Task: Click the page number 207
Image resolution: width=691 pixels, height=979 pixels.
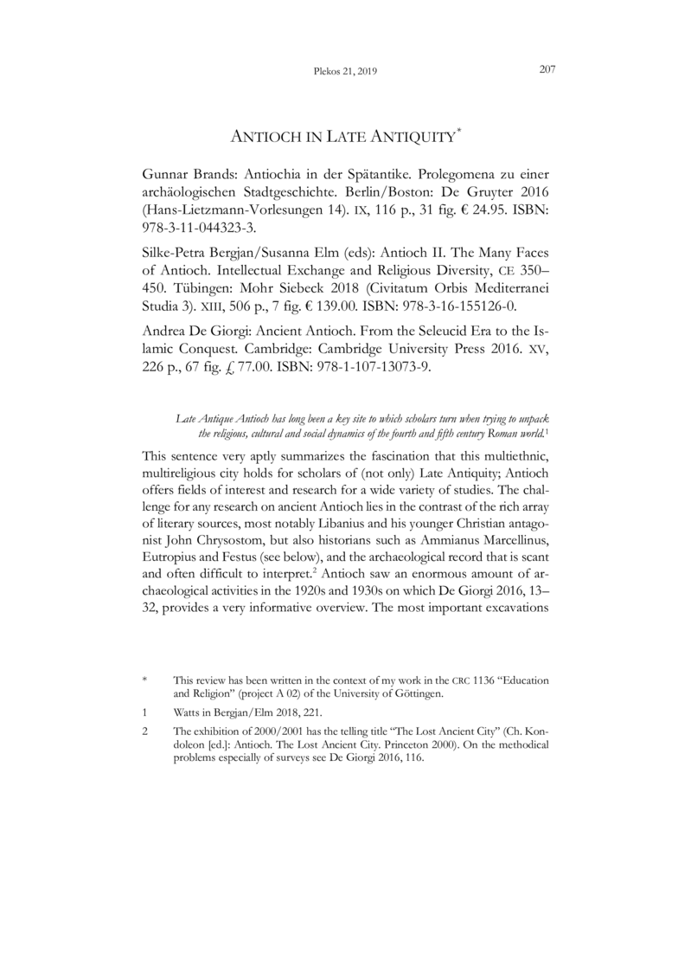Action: click(x=546, y=71)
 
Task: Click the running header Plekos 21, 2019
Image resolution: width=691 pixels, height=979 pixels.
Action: click(x=346, y=72)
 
